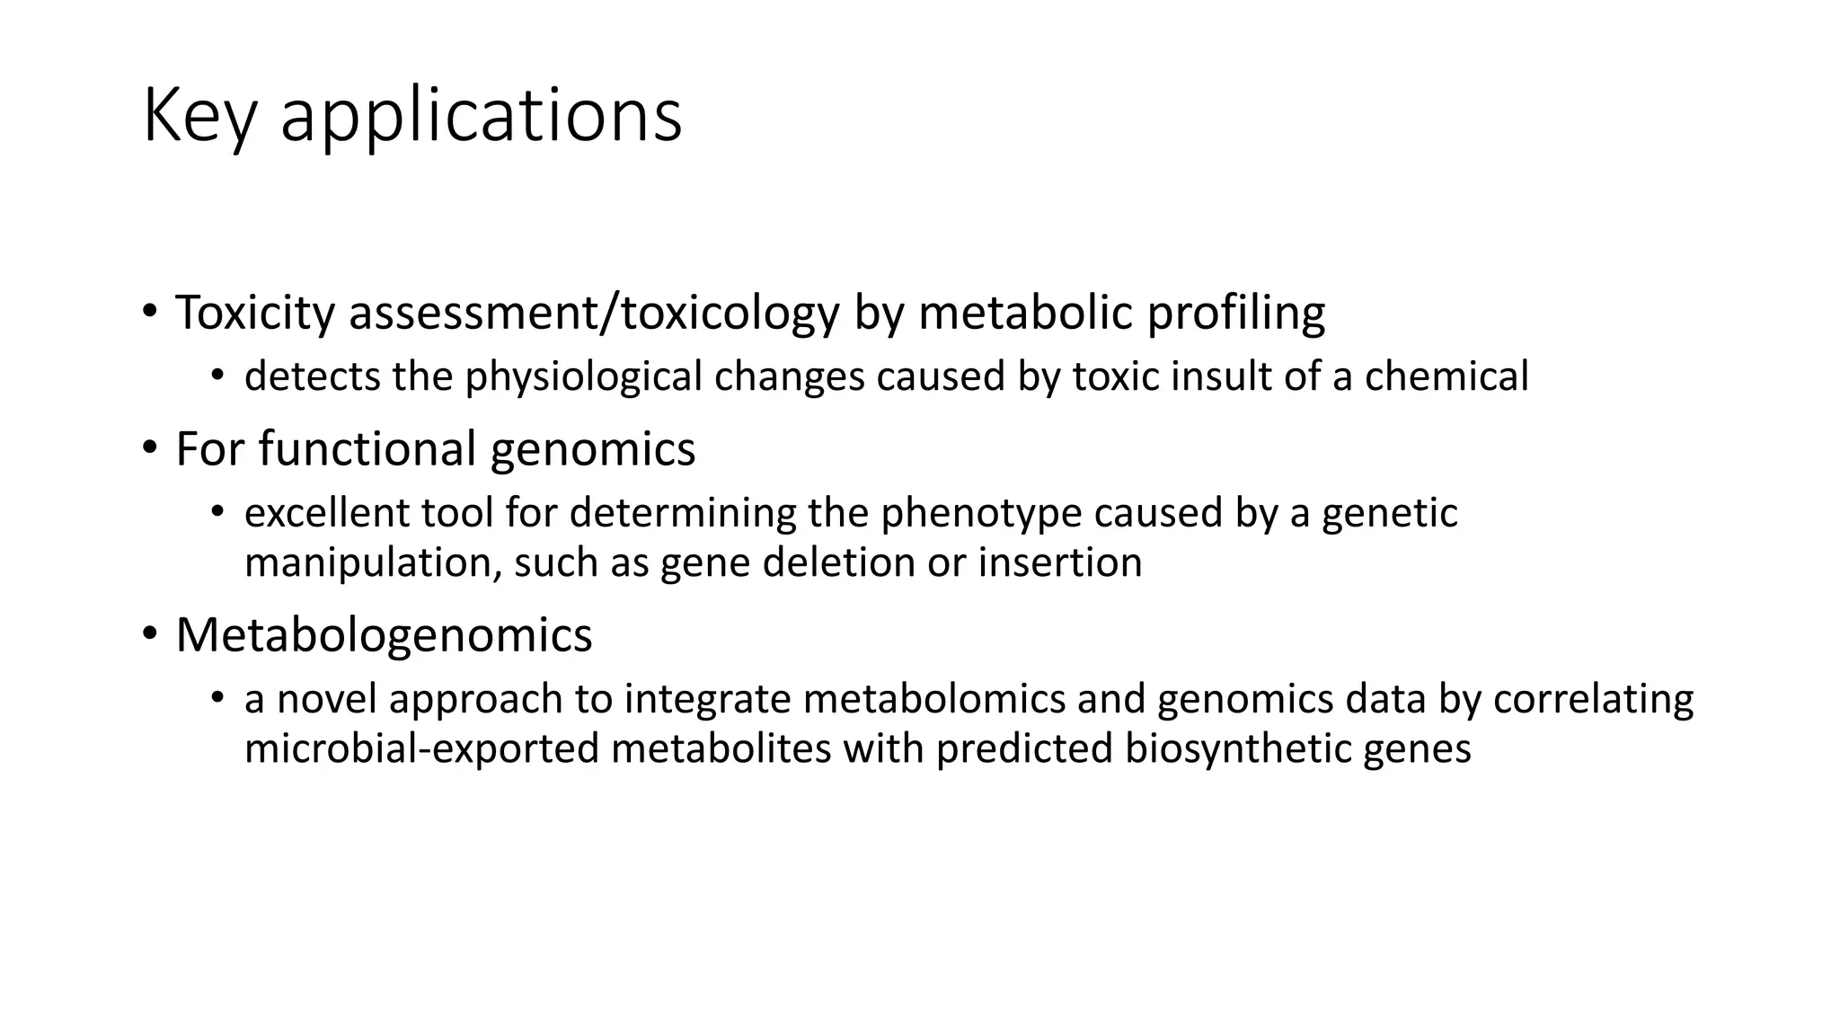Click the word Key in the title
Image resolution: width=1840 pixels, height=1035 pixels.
click(199, 117)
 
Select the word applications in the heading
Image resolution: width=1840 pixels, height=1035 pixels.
click(481, 117)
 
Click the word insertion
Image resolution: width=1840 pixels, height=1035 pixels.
click(1060, 563)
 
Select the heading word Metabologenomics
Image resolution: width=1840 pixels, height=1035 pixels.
click(384, 635)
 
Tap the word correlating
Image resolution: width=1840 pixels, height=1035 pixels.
click(1593, 700)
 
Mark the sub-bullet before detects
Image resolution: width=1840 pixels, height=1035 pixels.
click(217, 375)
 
